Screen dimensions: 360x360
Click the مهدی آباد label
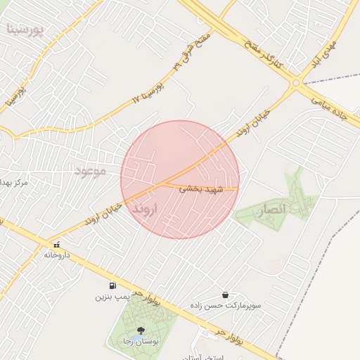tap(335, 60)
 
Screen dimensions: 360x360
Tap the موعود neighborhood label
tap(89, 170)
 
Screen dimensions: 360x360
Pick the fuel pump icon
tap(112, 285)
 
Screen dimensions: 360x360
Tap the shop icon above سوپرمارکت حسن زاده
tap(225, 295)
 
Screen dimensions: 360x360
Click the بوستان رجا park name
tap(141, 341)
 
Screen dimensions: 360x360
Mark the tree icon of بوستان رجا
tap(141, 330)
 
